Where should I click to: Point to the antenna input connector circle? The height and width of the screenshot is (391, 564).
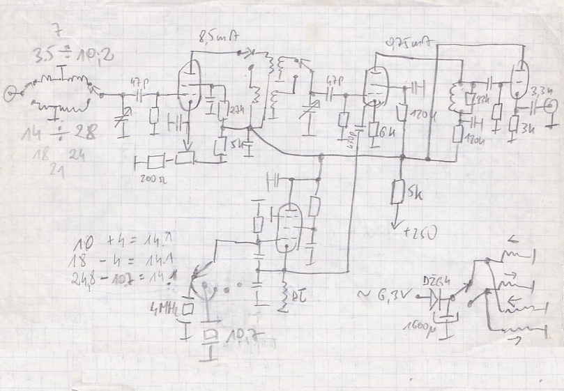coord(8,91)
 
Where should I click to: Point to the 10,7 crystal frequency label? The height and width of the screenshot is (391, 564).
coord(238,341)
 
